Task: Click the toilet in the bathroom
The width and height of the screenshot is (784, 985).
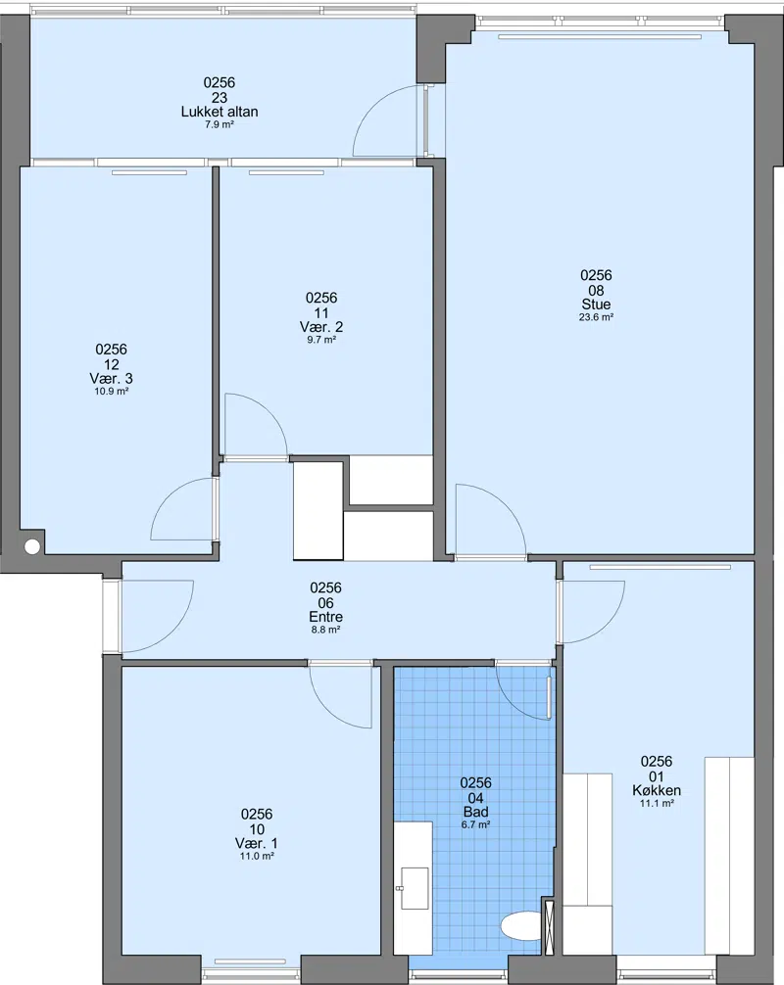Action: [521, 926]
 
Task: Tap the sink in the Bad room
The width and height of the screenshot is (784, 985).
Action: [415, 888]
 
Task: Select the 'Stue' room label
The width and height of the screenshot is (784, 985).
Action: [596, 305]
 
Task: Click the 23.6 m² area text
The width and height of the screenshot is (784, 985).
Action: [596, 317]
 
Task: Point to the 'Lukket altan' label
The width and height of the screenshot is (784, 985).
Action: [220, 112]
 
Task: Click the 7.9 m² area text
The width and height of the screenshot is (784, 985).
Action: [220, 124]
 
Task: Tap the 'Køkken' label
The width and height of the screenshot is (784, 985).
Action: [657, 790]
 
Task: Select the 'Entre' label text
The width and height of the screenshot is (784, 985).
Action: [325, 617]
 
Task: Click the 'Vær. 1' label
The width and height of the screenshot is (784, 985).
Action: [257, 843]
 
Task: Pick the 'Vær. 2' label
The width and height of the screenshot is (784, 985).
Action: [321, 327]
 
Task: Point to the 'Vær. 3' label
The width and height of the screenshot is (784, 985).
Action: [112, 378]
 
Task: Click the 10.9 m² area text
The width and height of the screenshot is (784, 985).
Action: [112, 392]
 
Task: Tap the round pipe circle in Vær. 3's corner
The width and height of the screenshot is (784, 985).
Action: [32, 546]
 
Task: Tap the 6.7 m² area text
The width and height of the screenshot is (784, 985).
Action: [475, 824]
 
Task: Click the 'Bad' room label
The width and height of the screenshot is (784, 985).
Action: [475, 812]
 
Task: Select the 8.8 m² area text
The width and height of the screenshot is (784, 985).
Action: [325, 630]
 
